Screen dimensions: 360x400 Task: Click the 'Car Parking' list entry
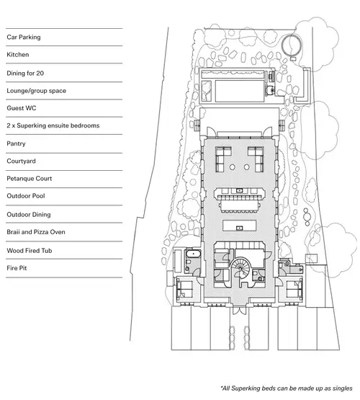(24, 37)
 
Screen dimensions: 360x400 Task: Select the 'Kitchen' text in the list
(17, 55)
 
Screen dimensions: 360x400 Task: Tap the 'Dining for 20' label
(25, 74)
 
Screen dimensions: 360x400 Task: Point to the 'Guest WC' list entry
(22, 108)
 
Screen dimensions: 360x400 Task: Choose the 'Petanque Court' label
(30, 179)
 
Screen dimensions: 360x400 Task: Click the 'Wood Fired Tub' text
(30, 251)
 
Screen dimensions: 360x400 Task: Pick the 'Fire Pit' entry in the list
(17, 268)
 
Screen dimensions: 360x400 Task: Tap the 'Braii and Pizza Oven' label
(36, 232)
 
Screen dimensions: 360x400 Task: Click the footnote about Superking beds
(287, 388)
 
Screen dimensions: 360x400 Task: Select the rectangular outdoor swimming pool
(240, 91)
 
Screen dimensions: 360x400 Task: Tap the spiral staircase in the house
(240, 267)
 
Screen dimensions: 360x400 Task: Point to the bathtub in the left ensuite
(193, 254)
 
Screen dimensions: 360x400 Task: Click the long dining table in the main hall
(240, 206)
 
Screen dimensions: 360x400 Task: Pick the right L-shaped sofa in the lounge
(256, 159)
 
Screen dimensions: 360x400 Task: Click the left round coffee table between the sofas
(232, 167)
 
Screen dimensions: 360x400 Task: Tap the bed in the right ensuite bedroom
(294, 289)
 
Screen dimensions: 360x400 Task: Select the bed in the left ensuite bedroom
(184, 289)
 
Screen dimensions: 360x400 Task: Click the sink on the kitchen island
(239, 228)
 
